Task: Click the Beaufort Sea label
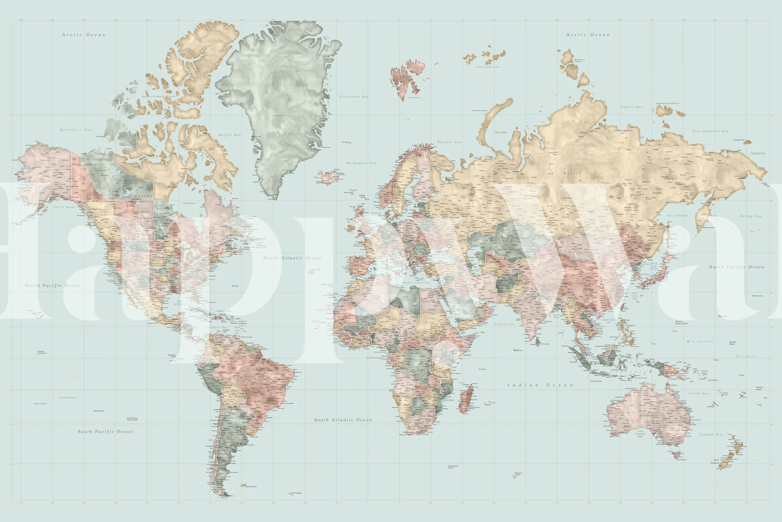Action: [x=77, y=130]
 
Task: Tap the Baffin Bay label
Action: [x=230, y=135]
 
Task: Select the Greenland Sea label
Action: [x=354, y=97]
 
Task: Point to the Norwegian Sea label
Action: [x=361, y=163]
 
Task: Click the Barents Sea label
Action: [x=449, y=142]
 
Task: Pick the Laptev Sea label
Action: [x=632, y=107]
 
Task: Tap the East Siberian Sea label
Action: [x=710, y=131]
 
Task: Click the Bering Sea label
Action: [x=751, y=216]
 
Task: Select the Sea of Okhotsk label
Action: [x=677, y=215]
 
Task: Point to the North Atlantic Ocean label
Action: [x=292, y=258]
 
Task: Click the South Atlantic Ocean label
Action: [x=343, y=420]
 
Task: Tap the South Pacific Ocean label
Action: [x=105, y=431]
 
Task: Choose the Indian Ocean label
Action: [x=540, y=385]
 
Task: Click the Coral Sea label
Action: [x=699, y=394]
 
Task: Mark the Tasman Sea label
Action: [x=711, y=435]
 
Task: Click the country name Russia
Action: [x=572, y=173]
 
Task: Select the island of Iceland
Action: [x=329, y=177]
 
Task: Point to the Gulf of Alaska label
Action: [x=64, y=207]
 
